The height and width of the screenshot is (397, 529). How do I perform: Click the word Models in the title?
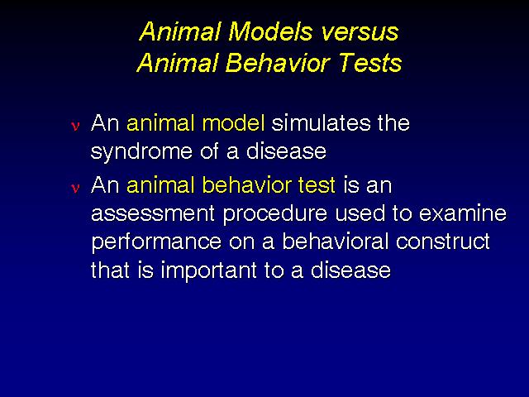(270, 31)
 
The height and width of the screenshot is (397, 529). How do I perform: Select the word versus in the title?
(360, 33)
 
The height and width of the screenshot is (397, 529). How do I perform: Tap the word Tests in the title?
(370, 63)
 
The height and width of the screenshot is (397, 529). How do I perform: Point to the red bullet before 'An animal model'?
(75, 126)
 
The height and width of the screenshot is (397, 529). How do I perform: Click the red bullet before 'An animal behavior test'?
(75, 188)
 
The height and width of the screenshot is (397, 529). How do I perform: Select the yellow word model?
(233, 122)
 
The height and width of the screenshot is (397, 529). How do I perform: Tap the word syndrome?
(141, 152)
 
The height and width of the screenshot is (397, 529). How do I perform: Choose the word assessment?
(153, 213)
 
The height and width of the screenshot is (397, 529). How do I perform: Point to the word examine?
(463, 213)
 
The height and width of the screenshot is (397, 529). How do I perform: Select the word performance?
(156, 243)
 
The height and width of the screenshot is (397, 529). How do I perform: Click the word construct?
(443, 242)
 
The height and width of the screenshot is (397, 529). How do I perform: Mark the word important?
(208, 271)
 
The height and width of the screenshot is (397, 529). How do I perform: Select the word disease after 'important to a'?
(350, 270)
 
